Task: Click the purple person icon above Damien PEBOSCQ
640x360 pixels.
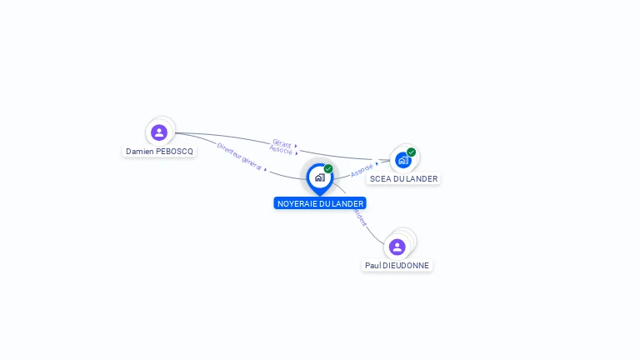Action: [159, 132]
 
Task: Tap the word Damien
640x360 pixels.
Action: [140, 152]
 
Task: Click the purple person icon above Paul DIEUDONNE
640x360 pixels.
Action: [397, 247]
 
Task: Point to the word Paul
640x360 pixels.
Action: [372, 266]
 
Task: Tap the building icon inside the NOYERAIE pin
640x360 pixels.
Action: [319, 177]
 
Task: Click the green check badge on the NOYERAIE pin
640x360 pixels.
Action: [328, 169]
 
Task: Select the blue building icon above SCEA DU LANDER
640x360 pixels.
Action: [403, 160]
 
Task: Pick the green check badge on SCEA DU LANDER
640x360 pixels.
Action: [412, 152]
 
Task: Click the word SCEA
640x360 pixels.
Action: [381, 179]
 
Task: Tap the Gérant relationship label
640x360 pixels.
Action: [282, 143]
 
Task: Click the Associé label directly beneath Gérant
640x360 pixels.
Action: [281, 151]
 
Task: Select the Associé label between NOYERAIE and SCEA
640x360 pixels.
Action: [362, 170]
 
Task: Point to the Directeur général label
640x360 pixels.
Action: [239, 156]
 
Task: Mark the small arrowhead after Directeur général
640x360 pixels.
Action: [265, 169]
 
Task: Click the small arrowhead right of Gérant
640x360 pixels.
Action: [296, 146]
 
